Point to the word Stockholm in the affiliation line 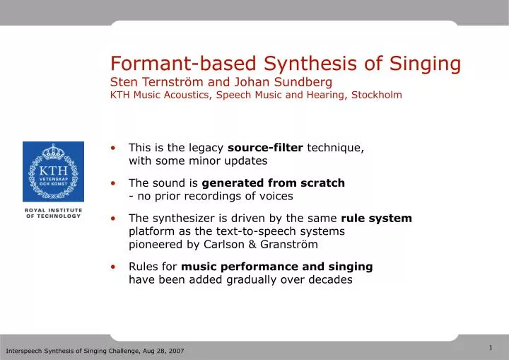tap(375, 95)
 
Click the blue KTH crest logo tap(53, 171)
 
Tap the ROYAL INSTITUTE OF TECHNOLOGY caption tap(53, 213)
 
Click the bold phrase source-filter tap(265, 148)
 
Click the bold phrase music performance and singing tap(277, 267)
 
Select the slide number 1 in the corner tap(491, 347)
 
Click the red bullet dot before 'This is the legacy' tap(113, 149)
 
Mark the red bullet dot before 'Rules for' tap(113, 267)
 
